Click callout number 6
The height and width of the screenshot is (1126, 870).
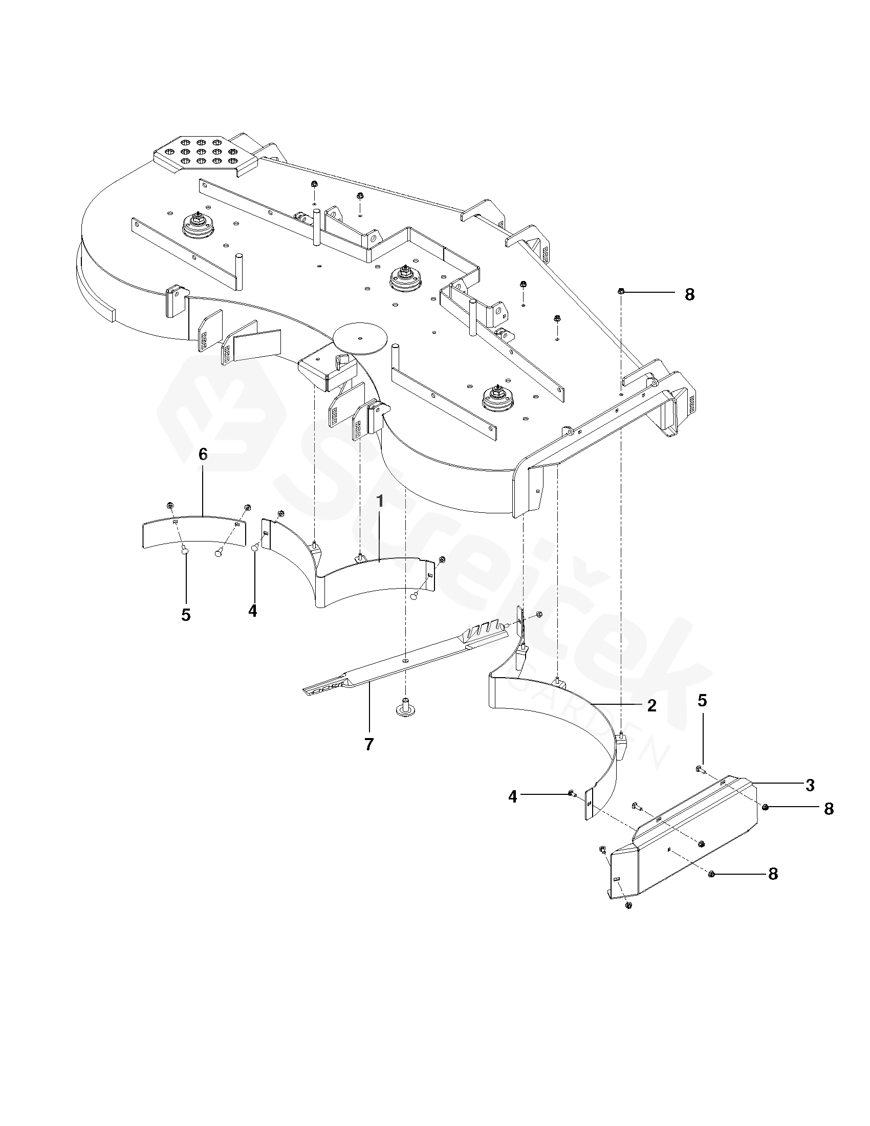(203, 454)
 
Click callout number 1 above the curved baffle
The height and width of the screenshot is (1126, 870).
(380, 501)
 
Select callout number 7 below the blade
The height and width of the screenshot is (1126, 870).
(369, 744)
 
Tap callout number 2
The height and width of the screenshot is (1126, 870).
(652, 705)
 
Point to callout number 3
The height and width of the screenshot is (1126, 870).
(810, 785)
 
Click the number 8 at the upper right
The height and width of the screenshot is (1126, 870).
(690, 294)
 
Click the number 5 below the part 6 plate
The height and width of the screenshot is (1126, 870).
(186, 615)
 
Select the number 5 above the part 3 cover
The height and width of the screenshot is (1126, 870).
(703, 700)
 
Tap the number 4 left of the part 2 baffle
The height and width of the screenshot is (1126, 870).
(512, 796)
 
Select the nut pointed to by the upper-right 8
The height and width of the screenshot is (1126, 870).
(621, 292)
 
